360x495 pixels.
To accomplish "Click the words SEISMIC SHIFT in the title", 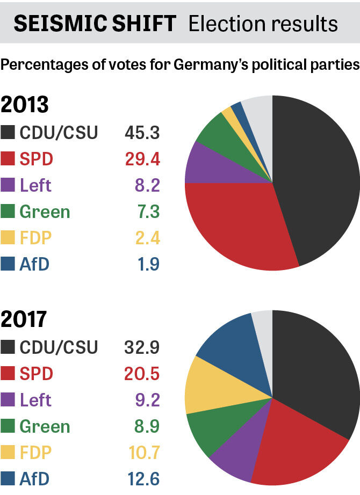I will click(95, 23).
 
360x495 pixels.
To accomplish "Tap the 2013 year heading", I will click(25, 104).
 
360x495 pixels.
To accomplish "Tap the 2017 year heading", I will click(25, 319).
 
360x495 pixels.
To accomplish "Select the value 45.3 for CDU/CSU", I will click(142, 132).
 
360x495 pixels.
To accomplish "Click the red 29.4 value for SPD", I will click(142, 159).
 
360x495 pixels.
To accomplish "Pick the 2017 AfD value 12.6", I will click(142, 479).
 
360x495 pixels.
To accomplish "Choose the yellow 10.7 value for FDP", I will click(142, 453).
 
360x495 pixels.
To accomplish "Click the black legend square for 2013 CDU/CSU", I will click(8, 133).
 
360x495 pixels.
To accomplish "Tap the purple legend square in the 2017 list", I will click(8, 400).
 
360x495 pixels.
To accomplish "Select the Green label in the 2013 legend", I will click(45, 212).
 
